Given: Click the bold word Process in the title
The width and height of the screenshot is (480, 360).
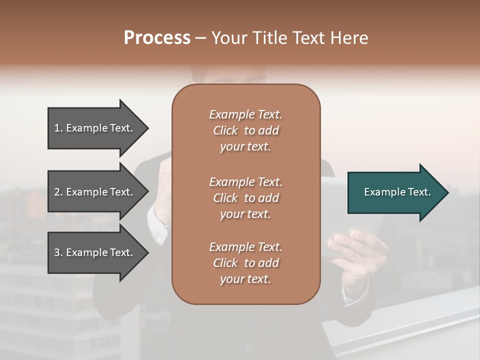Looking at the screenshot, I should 157,37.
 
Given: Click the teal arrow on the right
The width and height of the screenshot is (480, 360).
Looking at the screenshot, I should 395,192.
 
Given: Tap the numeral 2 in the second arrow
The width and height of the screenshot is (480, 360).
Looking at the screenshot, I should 57,192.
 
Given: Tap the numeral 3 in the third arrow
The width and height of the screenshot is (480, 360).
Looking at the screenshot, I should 57,252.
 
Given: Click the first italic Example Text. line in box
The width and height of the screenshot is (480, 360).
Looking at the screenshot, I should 245,114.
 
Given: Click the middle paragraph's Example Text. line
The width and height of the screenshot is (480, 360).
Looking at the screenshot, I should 245,182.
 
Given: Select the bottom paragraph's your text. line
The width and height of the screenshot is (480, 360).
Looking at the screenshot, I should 245,279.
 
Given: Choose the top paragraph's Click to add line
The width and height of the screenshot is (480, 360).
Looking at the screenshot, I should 245,131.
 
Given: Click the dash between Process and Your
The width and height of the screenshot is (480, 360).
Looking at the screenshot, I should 201,38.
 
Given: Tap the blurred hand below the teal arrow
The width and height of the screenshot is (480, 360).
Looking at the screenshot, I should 357,247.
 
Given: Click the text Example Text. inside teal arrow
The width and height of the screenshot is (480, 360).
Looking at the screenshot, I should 397,192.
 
